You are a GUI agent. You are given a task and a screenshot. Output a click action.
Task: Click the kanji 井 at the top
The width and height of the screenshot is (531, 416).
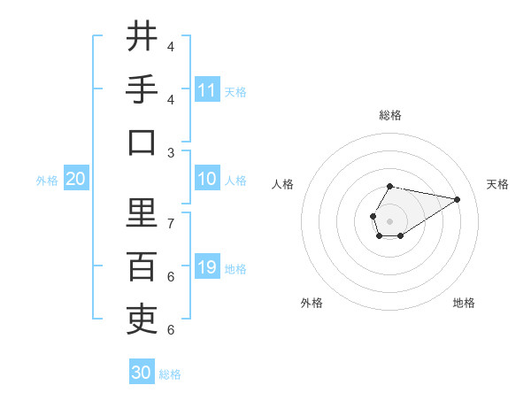142,37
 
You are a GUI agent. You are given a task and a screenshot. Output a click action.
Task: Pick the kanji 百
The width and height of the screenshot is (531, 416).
142,266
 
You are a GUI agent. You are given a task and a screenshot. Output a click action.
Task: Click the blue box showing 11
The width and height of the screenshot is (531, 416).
207,90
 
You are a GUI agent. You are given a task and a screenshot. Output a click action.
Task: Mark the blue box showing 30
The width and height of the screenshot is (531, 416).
142,373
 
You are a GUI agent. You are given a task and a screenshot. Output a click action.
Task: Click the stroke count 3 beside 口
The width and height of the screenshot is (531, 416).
171,152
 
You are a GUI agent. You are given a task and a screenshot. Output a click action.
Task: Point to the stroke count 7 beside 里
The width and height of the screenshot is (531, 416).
171,223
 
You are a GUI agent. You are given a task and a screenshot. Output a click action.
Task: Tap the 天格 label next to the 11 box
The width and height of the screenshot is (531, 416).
235,91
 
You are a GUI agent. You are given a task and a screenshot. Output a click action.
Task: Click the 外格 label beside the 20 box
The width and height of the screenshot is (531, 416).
47,181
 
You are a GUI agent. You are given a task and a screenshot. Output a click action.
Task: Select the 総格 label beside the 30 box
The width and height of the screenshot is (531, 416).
170,374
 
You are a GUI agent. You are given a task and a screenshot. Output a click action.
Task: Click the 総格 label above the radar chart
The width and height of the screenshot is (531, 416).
389,116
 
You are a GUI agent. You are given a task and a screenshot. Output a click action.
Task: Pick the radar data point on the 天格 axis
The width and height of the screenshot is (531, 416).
457,199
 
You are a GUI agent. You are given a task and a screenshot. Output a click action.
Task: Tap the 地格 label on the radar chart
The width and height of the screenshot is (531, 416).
464,303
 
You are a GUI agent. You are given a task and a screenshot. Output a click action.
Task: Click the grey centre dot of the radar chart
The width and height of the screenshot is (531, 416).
389,219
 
